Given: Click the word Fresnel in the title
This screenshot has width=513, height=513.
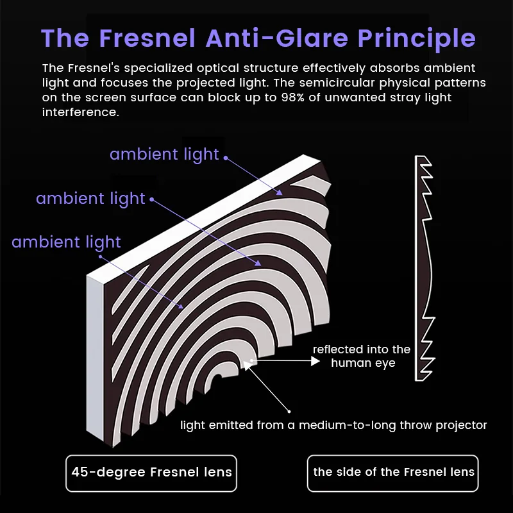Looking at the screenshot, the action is pos(147,38).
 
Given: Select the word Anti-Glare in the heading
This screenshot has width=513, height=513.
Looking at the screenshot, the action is pos(277,38).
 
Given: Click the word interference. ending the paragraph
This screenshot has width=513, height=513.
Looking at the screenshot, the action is pos(81,112).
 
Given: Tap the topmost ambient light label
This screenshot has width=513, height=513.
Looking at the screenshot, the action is pos(164,154).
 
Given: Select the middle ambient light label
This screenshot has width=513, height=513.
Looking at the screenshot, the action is pos(90,198).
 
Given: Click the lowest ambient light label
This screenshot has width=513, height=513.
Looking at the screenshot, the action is pos(67,242).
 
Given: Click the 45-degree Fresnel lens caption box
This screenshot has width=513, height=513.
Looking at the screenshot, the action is pos(151,473).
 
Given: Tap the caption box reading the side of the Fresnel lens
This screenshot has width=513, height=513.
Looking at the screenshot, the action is pos(393,473).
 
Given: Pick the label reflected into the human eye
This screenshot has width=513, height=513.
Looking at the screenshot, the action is pos(362,356).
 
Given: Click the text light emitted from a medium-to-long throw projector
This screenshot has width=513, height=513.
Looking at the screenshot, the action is pos(333,425).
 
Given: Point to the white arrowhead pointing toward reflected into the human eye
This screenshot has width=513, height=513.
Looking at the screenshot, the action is pos(315,361).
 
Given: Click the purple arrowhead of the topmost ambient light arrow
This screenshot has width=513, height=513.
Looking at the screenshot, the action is pos(280,192).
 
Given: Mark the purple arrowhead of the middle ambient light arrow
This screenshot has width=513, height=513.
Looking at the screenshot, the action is pos(258,263).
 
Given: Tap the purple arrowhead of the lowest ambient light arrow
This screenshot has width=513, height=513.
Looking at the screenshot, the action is pos(180,306).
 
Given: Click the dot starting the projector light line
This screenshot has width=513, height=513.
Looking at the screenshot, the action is pos(289,411).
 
